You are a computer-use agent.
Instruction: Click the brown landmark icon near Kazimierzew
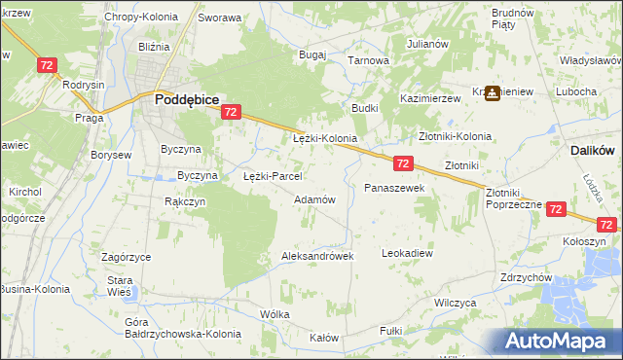click(492, 92)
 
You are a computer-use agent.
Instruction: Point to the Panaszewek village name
click(394, 187)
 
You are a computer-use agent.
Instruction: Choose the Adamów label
click(314, 199)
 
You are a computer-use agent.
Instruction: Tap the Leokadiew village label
click(407, 252)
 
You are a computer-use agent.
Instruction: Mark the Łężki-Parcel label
click(273, 177)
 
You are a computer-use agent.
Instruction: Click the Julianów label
click(427, 44)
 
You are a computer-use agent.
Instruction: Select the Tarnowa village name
click(369, 60)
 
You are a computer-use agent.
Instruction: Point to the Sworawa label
click(219, 18)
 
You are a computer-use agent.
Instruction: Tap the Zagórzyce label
click(126, 257)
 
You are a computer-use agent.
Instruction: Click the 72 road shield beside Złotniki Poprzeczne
click(556, 208)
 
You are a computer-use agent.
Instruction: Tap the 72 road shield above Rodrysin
click(47, 64)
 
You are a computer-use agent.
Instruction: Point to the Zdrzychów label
click(526, 277)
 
